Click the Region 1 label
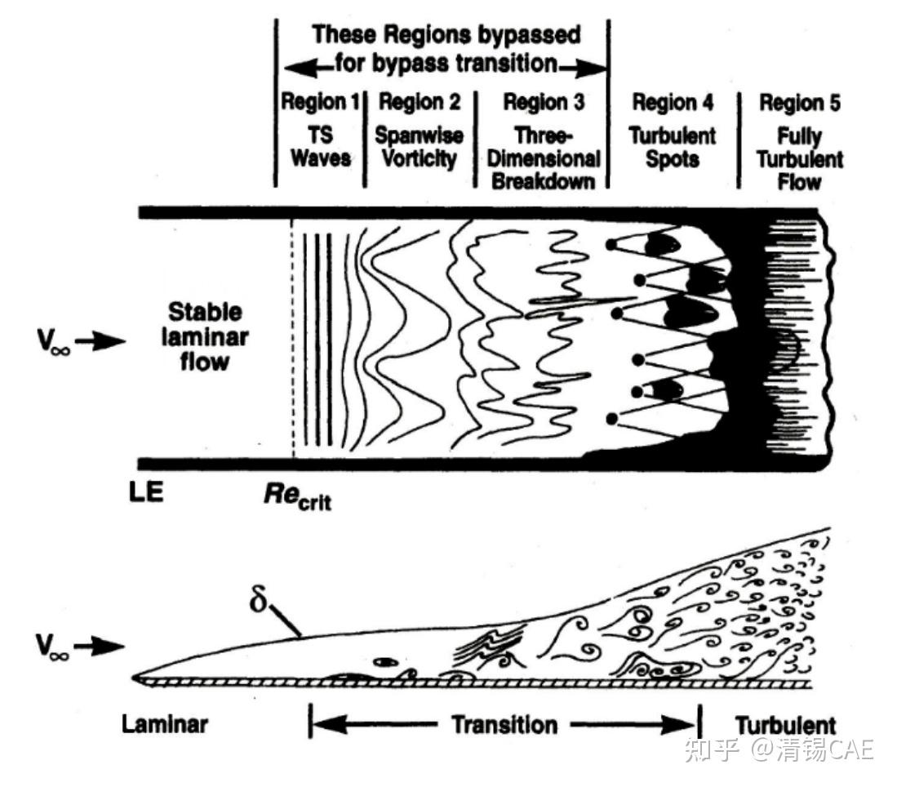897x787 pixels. click(320, 103)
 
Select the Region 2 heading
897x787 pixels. click(420, 103)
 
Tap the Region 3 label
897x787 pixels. click(543, 103)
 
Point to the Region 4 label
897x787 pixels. click(673, 103)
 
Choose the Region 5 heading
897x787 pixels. click(800, 104)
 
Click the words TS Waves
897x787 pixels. click(321, 147)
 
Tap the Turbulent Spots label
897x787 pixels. click(674, 147)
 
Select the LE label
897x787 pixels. click(148, 494)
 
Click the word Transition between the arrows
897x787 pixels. click(504, 723)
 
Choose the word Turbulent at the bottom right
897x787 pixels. click(785, 724)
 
